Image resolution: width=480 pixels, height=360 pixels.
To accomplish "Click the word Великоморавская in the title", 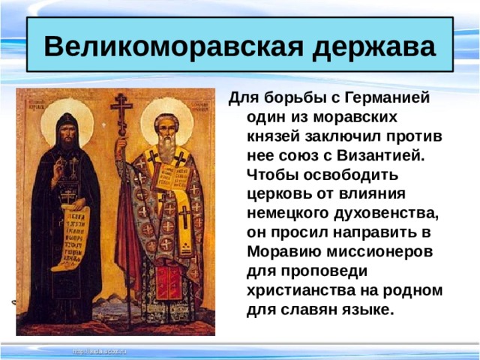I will click(162, 46).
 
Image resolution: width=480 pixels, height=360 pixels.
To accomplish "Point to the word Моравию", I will click(283, 253).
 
